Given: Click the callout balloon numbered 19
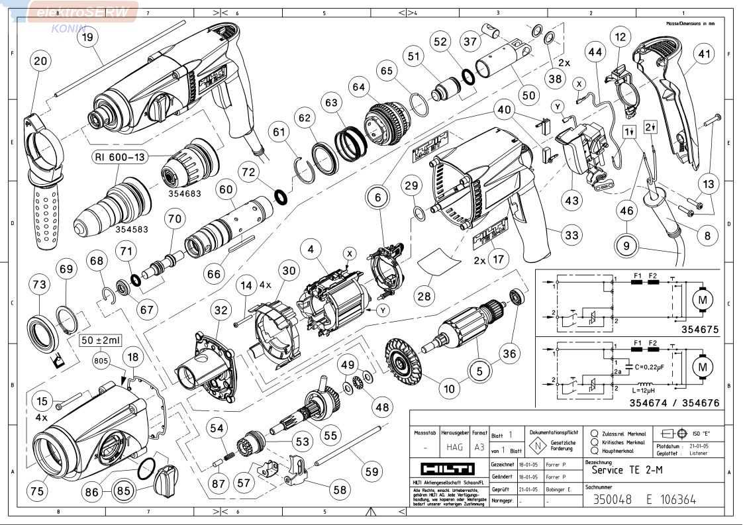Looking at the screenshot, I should tap(87, 38).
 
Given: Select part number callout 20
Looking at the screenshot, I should tap(40, 61).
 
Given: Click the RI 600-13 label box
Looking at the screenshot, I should tap(120, 158).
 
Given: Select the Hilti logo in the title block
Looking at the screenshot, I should tap(447, 469).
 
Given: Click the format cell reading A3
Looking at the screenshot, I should tap(479, 447).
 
